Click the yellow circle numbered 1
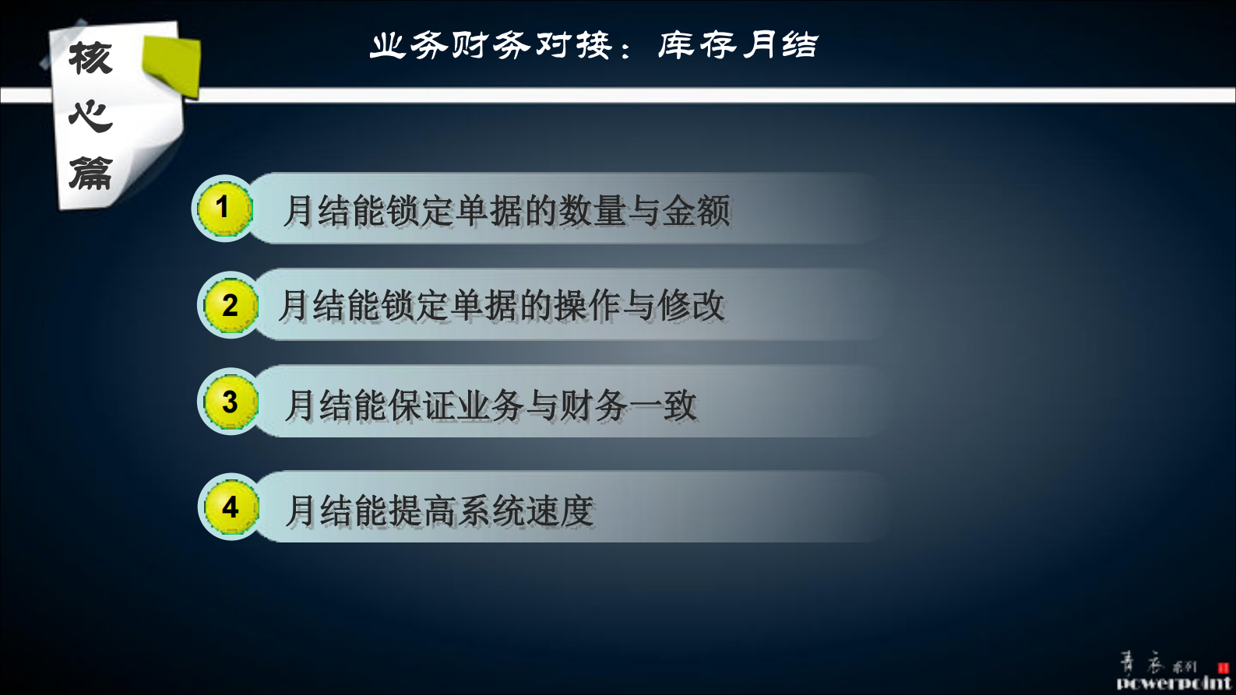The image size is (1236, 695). pos(224,209)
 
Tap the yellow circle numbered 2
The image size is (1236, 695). pos(229,305)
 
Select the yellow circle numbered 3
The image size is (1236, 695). pos(229,402)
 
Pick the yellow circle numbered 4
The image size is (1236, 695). pos(229,507)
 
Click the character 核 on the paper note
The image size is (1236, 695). pos(90,59)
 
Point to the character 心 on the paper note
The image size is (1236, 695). pos(90,116)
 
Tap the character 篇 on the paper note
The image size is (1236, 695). pos(90,173)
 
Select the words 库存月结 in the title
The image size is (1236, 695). pos(738,45)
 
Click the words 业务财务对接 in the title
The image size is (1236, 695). pos(491,46)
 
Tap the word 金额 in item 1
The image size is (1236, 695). pos(696,211)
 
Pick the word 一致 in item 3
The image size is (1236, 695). pos(663,405)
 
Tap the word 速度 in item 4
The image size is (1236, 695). pos(560,511)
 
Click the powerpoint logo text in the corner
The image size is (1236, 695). pos(1174,683)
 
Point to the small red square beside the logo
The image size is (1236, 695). pos(1223,668)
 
